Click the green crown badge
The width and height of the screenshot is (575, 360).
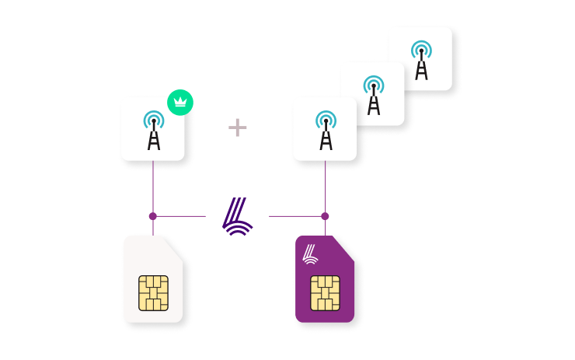[180, 102]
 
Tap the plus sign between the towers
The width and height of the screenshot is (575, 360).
[238, 128]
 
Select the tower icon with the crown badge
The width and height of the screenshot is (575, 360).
[153, 130]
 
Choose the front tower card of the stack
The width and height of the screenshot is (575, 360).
[325, 130]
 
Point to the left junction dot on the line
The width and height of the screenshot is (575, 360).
[153, 216]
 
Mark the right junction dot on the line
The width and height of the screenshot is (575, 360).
[325, 216]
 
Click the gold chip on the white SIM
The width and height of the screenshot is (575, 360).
[153, 292]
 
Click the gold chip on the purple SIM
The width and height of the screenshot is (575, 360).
[325, 292]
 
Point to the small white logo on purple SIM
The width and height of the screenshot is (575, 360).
[310, 253]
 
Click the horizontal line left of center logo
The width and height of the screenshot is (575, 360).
[183, 216]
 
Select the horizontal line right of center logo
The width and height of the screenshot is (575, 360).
[295, 216]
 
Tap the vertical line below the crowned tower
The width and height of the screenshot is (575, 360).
[153, 187]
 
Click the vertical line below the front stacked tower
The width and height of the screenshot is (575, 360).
[325, 187]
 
